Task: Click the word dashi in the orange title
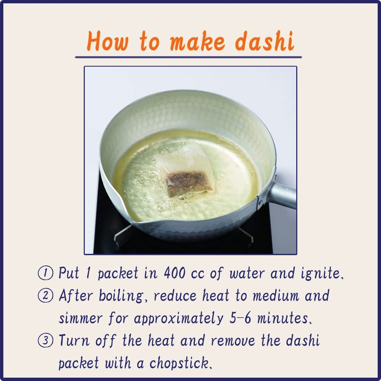tap(264, 41)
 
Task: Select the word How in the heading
tap(108, 41)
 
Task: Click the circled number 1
tap(45, 273)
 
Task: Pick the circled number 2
tap(45, 295)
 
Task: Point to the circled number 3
tap(45, 341)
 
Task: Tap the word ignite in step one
tap(320, 273)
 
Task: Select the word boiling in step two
tap(121, 296)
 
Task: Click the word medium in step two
tap(276, 296)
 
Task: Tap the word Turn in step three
tap(74, 341)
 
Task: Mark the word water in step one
tap(247, 273)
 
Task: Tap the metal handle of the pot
tap(282, 194)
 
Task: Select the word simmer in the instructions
tap(80, 318)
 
